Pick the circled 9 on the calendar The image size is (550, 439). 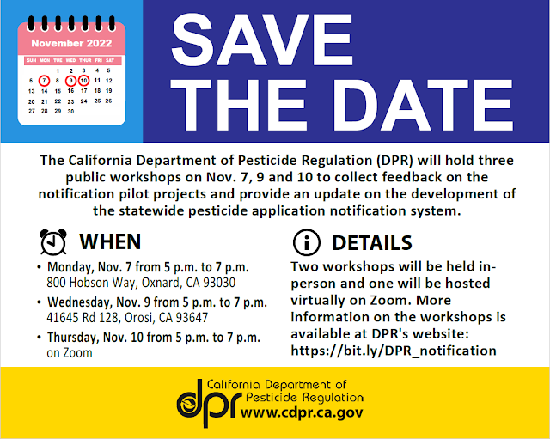click(x=70, y=81)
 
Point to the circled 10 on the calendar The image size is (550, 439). click(x=83, y=81)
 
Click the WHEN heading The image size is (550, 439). click(x=110, y=243)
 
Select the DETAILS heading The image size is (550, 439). click(x=371, y=243)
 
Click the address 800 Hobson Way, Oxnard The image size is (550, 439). click(x=141, y=282)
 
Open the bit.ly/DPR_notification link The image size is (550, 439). click(x=394, y=350)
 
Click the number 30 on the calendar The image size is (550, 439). click(x=70, y=111)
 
